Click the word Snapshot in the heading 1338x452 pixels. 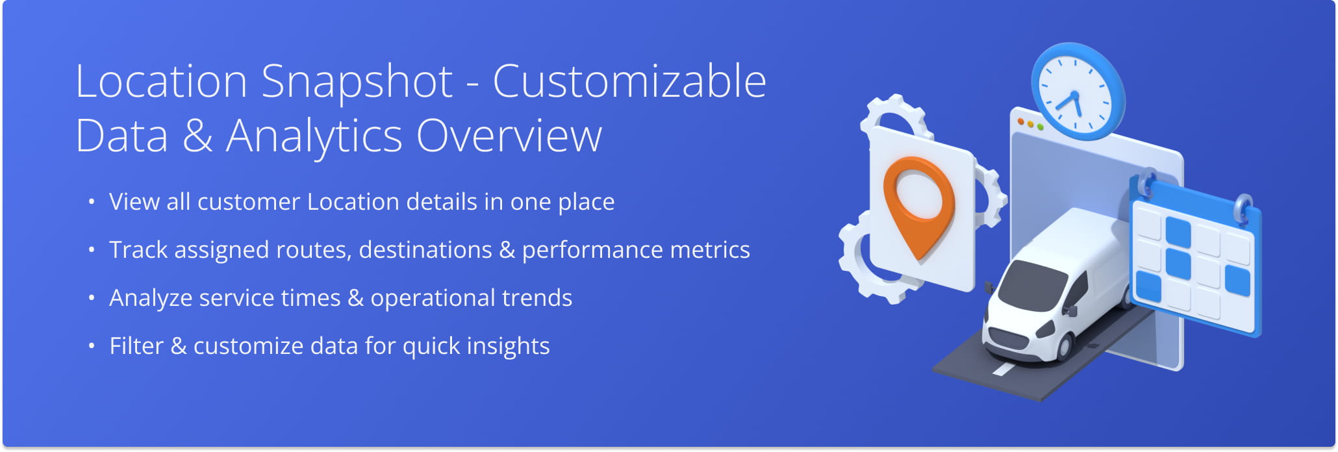pos(357,83)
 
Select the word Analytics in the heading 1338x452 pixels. pos(314,138)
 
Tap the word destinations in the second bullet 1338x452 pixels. pos(425,250)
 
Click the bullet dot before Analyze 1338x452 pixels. pos(92,298)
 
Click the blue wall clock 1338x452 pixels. pos(1078,91)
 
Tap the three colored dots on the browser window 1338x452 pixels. pos(1031,124)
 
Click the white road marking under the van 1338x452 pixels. pos(1003,369)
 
